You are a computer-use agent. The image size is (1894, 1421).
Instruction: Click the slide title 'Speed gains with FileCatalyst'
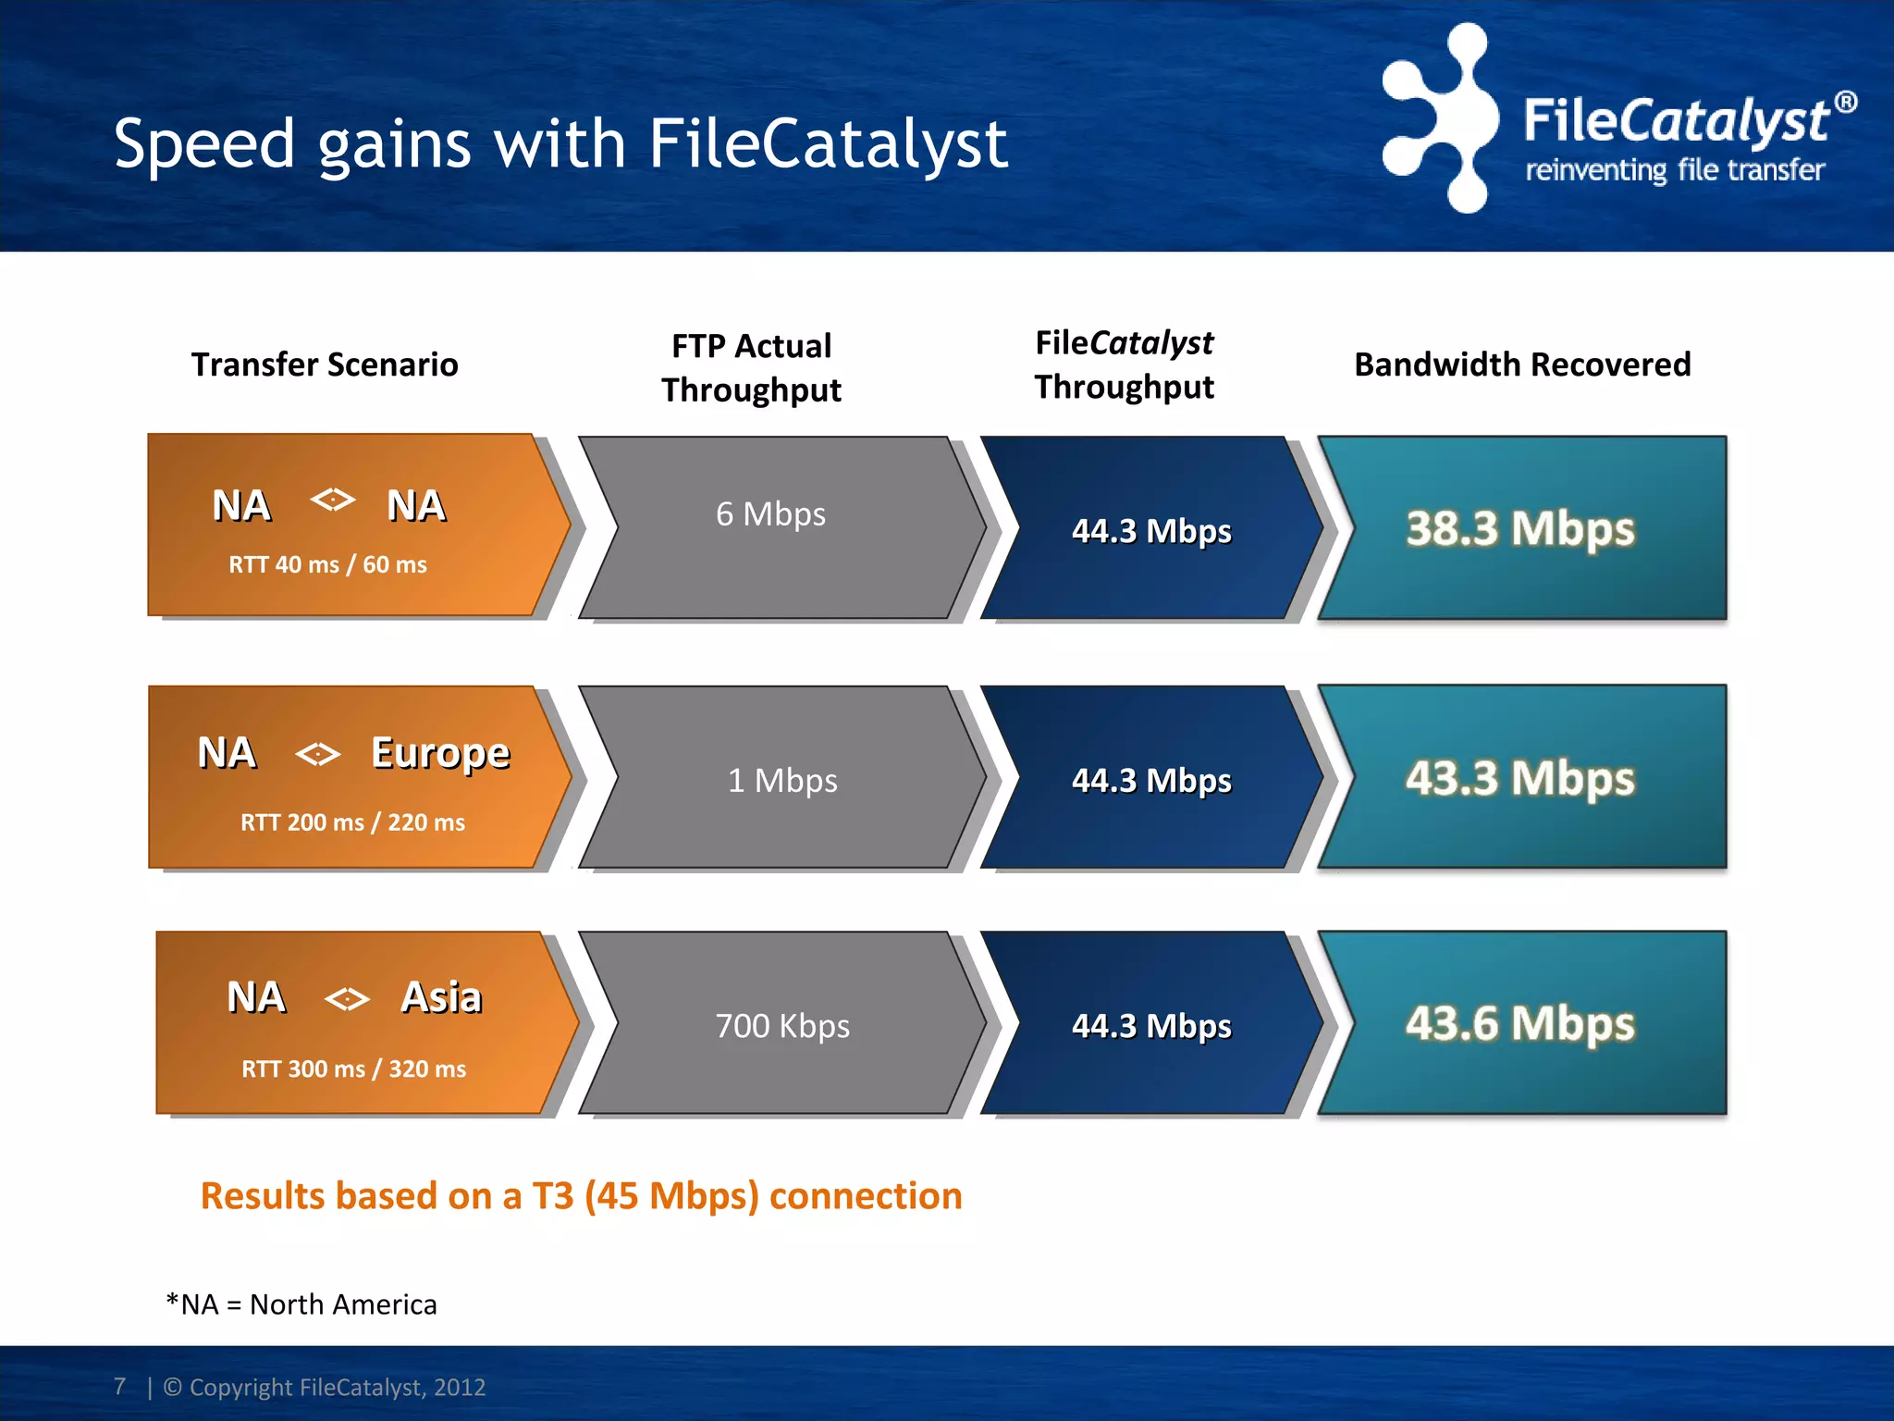560,145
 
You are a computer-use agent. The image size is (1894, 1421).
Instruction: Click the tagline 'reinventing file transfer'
1674,170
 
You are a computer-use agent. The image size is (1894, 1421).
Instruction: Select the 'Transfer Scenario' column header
325,365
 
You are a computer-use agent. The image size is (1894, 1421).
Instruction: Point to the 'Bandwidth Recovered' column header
1522,365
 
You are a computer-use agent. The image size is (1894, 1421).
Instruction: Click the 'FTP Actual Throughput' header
751,367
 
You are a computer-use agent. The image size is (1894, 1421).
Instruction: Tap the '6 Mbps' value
770,514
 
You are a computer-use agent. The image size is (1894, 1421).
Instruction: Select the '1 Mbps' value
782,781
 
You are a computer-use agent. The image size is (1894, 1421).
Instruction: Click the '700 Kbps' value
782,1026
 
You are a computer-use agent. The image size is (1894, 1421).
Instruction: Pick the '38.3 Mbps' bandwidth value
1520,529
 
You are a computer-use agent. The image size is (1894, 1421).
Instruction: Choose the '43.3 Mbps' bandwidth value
1520,778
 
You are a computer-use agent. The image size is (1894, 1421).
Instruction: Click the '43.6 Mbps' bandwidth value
1520,1023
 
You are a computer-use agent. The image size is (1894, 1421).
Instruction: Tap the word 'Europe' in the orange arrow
440,753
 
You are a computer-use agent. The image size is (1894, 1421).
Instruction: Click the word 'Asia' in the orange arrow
441,997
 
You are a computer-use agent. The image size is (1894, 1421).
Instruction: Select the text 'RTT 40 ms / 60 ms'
327,564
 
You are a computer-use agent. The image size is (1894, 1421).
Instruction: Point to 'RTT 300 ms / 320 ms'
353,1069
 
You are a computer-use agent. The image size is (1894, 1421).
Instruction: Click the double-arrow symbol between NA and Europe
317,754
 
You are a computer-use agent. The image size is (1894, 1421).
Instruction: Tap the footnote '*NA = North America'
301,1304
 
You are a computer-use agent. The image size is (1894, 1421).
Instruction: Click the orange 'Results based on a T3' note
581,1196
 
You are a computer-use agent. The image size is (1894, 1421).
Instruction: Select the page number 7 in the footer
119,1386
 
